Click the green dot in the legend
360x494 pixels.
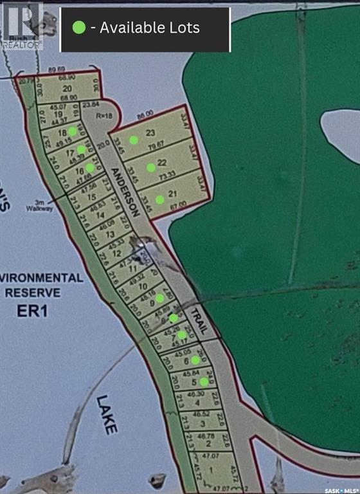(x=79, y=28)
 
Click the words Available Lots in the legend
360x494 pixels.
(x=150, y=28)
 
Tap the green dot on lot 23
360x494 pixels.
(x=134, y=140)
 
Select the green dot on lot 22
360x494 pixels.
(x=150, y=167)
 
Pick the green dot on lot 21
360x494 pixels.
(x=159, y=199)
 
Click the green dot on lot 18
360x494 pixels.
(x=73, y=131)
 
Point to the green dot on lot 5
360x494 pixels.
(x=204, y=381)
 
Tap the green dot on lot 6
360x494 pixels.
(x=195, y=360)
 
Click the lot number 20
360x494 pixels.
(x=66, y=89)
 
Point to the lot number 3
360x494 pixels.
(x=203, y=423)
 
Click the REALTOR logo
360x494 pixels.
(x=22, y=26)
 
